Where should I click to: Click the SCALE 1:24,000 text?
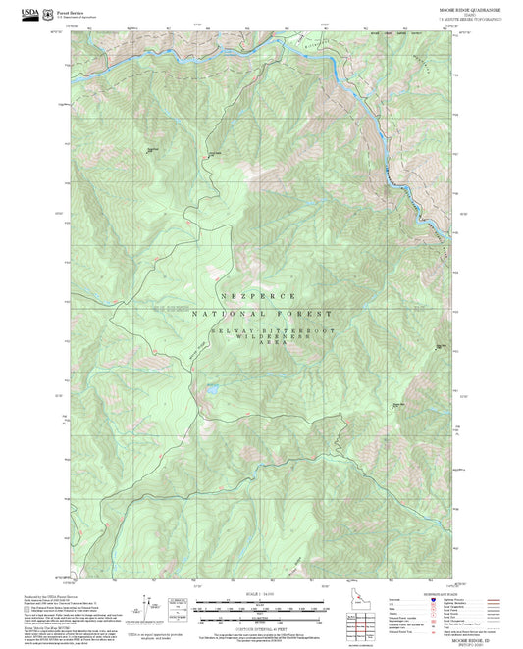[x=259, y=592]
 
